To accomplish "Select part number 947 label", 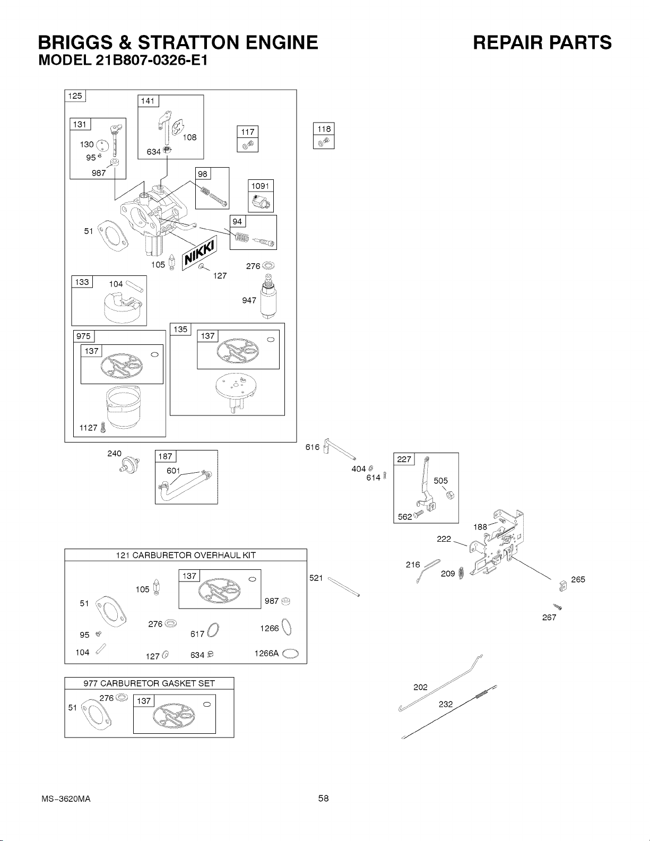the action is pos(249,300).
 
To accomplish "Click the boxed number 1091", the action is pos(261,186).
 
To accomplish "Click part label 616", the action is pos(313,447).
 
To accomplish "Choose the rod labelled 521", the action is pos(344,587).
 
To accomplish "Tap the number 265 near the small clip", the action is pos(578,579).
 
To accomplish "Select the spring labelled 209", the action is pos(461,573).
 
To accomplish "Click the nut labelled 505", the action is pos(450,495).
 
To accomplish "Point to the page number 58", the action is pos(324,798).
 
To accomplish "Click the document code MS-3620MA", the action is pos(66,799).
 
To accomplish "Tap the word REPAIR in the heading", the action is pos(506,42).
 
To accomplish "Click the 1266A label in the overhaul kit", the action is pos(266,653).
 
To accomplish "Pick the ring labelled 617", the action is pos(213,630).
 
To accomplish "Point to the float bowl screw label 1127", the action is pos(88,428).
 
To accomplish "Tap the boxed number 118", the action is pos(324,129).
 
